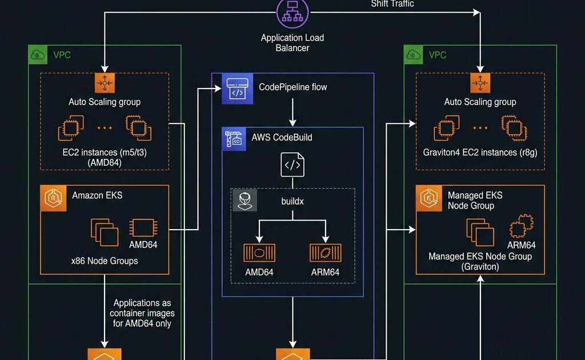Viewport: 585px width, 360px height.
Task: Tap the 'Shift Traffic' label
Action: click(x=392, y=4)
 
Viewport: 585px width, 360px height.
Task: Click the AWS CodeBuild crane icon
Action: click(x=233, y=139)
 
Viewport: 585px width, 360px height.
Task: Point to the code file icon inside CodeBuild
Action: click(x=292, y=165)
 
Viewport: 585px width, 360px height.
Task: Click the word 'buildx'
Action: click(x=292, y=201)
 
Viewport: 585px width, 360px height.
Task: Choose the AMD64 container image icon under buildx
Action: click(x=259, y=253)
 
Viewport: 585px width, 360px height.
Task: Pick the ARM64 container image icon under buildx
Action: click(x=326, y=253)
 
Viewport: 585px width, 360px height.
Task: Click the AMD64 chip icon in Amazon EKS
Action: click(x=143, y=227)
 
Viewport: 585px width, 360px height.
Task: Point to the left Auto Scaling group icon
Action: click(x=105, y=83)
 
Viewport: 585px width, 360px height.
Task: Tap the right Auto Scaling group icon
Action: click(x=480, y=83)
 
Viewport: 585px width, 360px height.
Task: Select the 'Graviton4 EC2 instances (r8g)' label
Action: click(x=480, y=153)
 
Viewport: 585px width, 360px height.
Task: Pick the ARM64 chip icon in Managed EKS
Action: click(x=520, y=227)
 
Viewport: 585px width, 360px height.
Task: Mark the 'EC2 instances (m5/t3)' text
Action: click(x=105, y=153)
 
